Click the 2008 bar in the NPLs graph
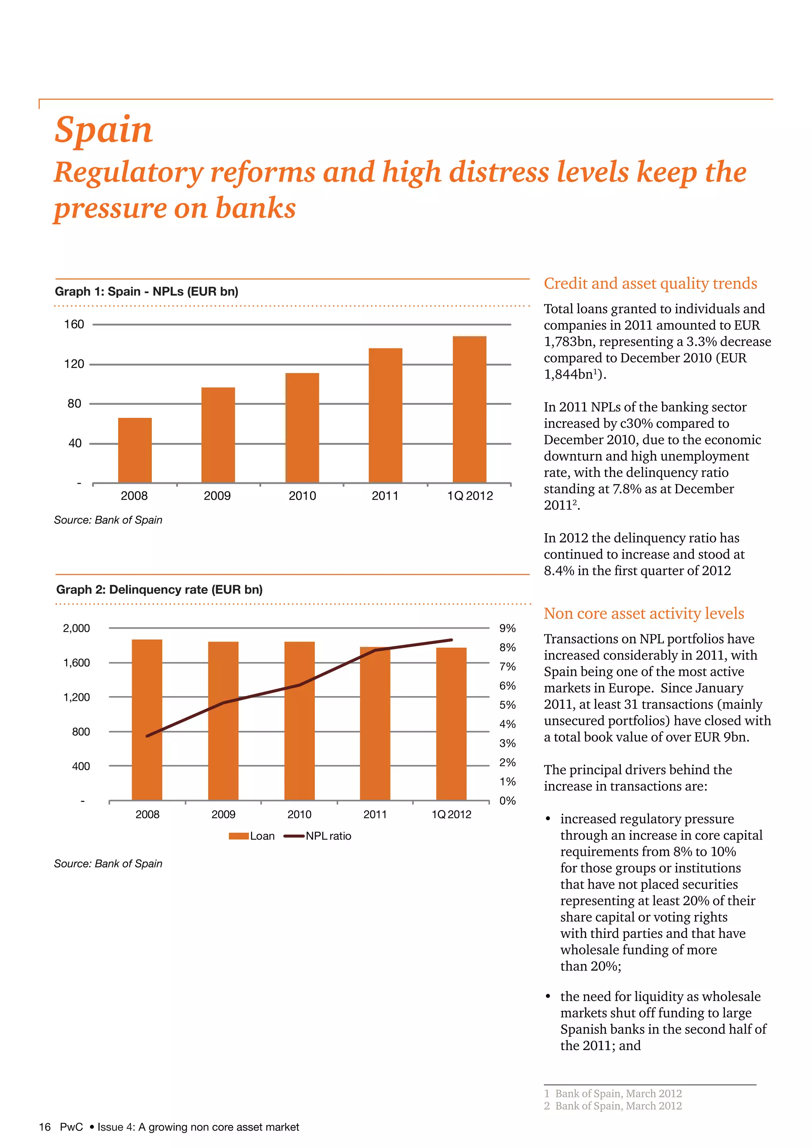point(134,450)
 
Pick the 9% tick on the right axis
point(507,628)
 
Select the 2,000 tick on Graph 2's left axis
point(76,628)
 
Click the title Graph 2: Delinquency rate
point(159,589)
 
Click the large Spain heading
point(103,130)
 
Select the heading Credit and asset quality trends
point(650,283)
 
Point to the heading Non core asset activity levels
point(643,614)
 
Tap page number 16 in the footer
point(45,1127)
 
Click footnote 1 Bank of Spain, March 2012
point(613,1094)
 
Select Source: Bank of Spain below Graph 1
point(108,520)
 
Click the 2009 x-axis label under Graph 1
point(217,496)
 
